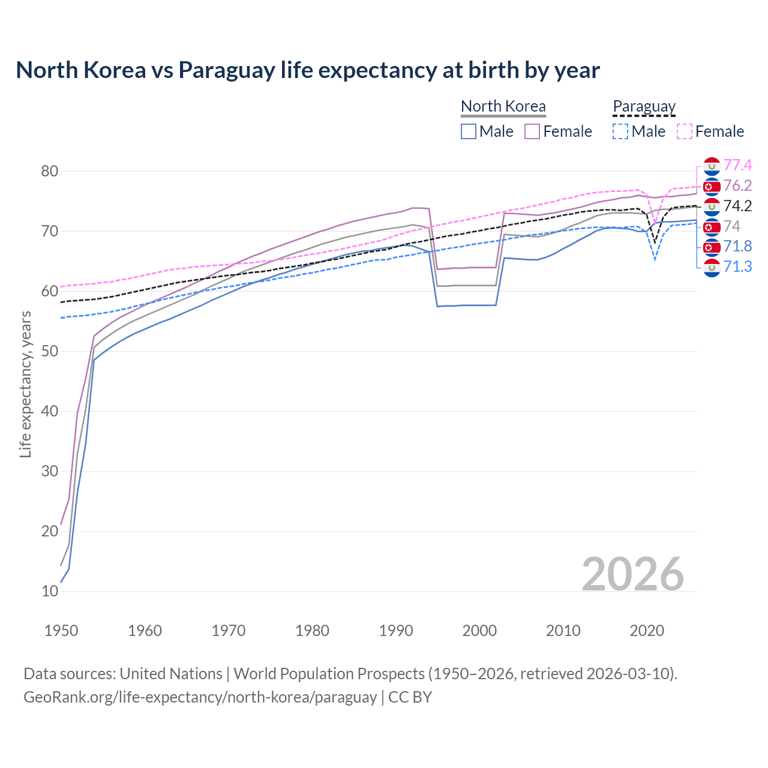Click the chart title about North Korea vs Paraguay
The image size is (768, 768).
(x=307, y=70)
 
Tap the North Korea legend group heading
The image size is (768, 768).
(x=503, y=106)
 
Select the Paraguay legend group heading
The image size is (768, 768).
(x=644, y=106)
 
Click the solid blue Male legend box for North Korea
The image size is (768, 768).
(x=469, y=131)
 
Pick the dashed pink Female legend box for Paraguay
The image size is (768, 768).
(x=685, y=131)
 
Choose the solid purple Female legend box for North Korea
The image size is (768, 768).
(x=532, y=131)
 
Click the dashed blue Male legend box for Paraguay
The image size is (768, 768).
(x=620, y=131)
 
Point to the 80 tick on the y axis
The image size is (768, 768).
(x=50, y=171)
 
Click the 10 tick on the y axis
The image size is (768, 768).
(x=50, y=591)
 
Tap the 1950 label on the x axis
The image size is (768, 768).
(x=61, y=631)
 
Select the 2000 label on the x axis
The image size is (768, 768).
(x=479, y=631)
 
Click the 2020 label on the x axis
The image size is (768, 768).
(x=647, y=631)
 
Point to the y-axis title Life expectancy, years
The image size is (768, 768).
(x=25, y=384)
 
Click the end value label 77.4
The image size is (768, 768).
(x=737, y=165)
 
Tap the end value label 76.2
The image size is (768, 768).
(x=737, y=185)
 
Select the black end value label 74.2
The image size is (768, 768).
(x=737, y=206)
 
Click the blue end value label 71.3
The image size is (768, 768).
(x=737, y=266)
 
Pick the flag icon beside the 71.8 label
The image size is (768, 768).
(x=712, y=247)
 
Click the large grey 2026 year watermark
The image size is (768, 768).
(x=632, y=574)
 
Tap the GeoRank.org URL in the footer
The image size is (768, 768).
(x=200, y=697)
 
